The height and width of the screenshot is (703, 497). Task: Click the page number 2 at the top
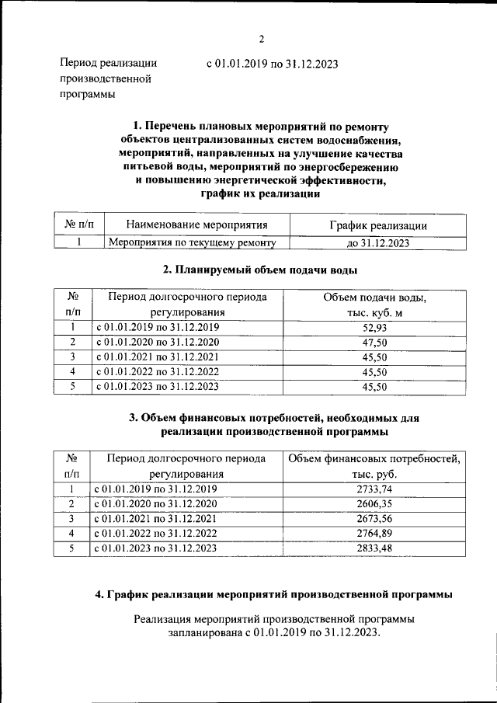262,40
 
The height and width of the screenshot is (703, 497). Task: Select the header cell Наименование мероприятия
196,225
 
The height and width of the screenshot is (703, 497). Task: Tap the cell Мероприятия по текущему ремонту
192,242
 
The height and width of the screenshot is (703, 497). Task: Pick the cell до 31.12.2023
377,243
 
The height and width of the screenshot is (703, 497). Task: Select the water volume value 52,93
374,328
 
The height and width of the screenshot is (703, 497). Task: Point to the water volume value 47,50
374,343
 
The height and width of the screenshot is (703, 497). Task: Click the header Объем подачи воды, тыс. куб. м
374,305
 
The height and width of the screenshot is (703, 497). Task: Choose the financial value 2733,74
374,489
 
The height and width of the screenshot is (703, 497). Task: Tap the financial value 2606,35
374,504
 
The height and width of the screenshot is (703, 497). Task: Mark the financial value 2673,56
374,519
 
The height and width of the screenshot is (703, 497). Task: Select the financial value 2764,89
374,534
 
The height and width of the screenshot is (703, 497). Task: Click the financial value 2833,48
374,548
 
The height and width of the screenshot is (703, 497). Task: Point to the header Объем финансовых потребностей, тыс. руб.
374,466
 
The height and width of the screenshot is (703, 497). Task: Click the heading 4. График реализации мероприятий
274,594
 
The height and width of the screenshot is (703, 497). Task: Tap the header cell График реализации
377,225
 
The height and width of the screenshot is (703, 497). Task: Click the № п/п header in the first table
78,225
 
